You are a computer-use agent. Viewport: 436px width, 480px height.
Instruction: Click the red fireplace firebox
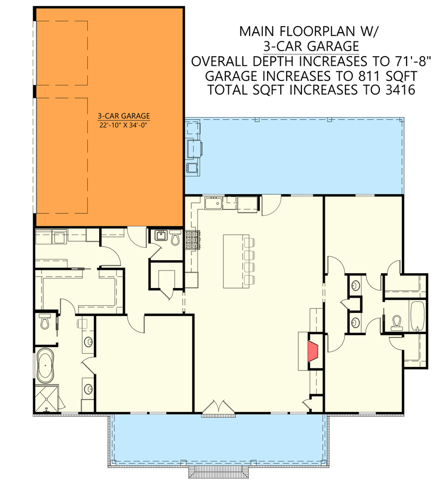(x=313, y=351)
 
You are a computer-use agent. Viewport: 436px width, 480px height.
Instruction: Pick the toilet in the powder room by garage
(x=175, y=238)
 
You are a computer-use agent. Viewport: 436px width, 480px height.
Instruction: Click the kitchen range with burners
(x=192, y=241)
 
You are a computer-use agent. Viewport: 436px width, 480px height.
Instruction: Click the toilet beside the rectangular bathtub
(x=396, y=322)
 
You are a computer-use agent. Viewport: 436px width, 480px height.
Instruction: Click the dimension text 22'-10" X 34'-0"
(x=124, y=125)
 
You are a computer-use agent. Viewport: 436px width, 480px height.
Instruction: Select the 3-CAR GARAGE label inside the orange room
(x=124, y=116)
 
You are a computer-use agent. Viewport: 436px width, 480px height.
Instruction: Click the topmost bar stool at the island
(x=250, y=243)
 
